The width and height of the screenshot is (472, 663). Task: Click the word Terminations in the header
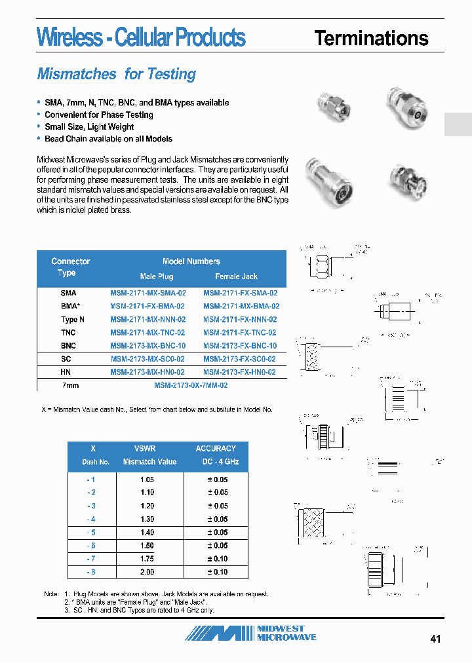click(x=371, y=38)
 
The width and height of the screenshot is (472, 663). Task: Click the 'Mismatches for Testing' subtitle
click(x=116, y=74)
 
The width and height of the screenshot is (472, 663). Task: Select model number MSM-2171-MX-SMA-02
click(x=147, y=293)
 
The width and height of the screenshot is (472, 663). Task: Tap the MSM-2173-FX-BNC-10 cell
click(x=240, y=345)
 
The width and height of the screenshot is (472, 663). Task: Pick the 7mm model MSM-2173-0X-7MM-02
click(x=191, y=386)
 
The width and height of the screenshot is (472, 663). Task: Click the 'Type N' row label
click(x=73, y=320)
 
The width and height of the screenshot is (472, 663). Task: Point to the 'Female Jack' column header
click(x=236, y=276)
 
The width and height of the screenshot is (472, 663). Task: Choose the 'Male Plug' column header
click(x=156, y=276)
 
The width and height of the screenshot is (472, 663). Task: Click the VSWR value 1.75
click(x=147, y=559)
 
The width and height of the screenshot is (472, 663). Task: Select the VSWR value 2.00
click(x=147, y=572)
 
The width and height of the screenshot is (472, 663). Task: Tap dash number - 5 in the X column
click(x=91, y=533)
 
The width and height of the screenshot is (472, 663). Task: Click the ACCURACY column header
click(x=216, y=449)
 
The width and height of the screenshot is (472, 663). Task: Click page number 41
click(x=436, y=639)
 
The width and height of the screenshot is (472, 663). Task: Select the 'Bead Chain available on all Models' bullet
click(x=108, y=139)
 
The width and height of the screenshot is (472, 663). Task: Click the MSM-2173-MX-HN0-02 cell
click(x=147, y=371)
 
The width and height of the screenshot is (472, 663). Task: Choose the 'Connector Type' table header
click(x=70, y=267)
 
